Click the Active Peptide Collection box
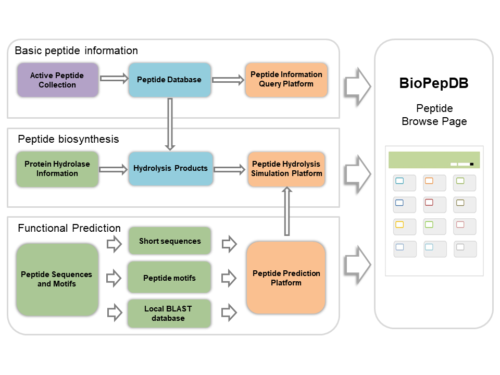click(x=57, y=80)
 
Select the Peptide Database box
click(x=169, y=80)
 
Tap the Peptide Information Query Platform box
click(x=286, y=80)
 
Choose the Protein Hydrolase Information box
click(x=57, y=169)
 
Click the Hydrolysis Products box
click(x=170, y=169)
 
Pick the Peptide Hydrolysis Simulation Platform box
click(x=286, y=169)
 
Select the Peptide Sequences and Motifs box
click(x=57, y=279)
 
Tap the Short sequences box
click(x=169, y=241)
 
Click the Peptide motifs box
click(x=169, y=278)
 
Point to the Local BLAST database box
click(x=169, y=313)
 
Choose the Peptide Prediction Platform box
click(x=286, y=278)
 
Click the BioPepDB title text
click(x=433, y=84)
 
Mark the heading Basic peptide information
click(x=76, y=51)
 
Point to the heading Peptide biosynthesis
click(x=68, y=140)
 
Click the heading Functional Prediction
click(x=69, y=228)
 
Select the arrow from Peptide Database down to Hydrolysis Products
click(x=170, y=123)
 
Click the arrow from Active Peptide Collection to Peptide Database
click(x=114, y=79)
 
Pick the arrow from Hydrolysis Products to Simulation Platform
click(x=229, y=169)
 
